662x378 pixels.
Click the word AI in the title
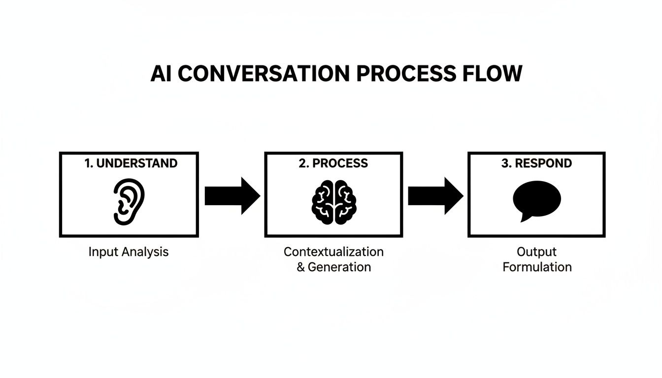click(162, 74)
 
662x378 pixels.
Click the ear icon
click(129, 202)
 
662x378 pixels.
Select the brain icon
click(334, 202)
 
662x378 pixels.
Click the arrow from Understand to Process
click(232, 196)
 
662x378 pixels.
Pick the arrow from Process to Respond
click(435, 196)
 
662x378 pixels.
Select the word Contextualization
click(333, 252)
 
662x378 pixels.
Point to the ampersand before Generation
click(301, 267)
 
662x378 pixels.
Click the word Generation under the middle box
click(339, 267)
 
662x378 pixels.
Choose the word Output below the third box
click(536, 252)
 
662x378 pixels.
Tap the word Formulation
click(536, 267)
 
